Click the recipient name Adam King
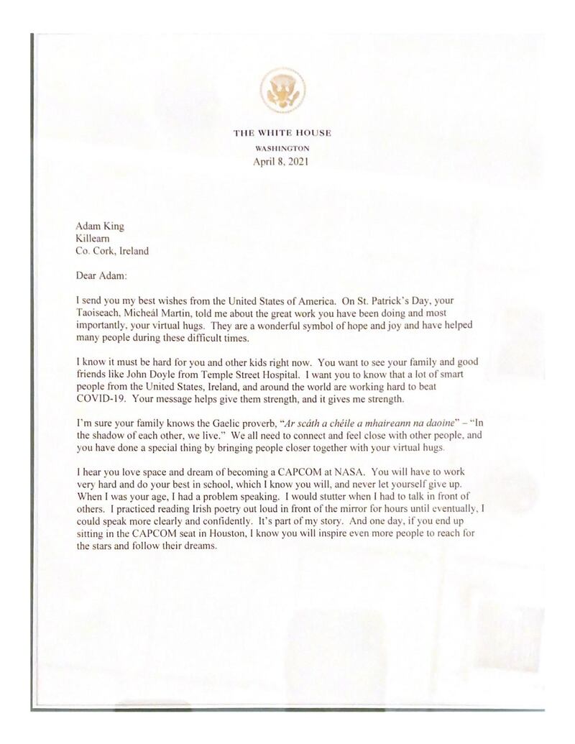[100, 226]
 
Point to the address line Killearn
[91, 239]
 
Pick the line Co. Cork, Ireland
[113, 251]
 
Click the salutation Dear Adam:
[103, 275]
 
